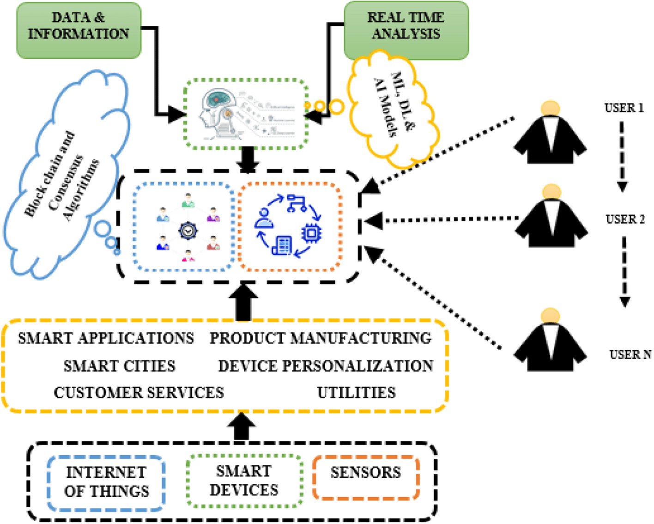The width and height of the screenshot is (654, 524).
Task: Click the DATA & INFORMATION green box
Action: coord(79,30)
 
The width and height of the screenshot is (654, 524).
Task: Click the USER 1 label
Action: coord(623,108)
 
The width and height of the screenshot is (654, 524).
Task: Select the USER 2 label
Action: coord(624,219)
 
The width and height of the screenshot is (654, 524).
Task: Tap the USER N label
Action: coord(630,354)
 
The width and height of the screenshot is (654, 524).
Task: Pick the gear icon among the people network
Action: coord(188,230)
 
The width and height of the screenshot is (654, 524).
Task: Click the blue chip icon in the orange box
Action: coord(311,233)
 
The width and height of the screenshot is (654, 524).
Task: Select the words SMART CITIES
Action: coord(120,366)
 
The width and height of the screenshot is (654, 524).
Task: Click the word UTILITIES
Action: coord(356,392)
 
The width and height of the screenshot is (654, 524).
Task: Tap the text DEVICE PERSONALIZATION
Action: coord(326,366)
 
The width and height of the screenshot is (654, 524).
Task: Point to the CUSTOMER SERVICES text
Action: coord(139,392)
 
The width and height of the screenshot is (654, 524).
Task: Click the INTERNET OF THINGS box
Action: coord(106,482)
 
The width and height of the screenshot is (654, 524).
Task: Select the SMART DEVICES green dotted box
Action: coord(244,481)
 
